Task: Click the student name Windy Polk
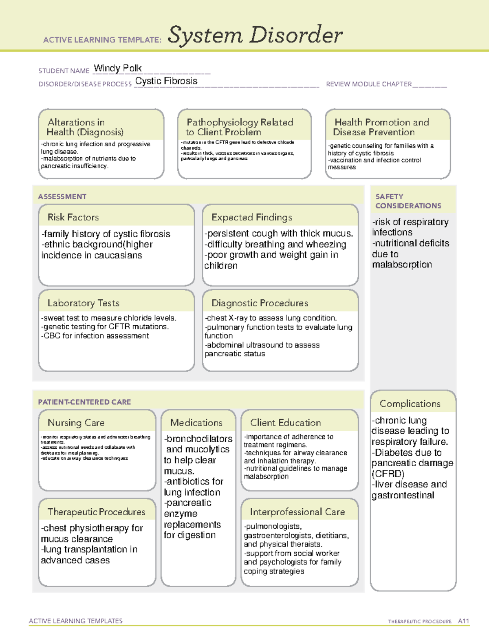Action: click(x=118, y=68)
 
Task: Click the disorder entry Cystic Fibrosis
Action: click(x=166, y=81)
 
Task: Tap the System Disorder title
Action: click(x=255, y=35)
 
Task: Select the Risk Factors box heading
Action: click(x=73, y=217)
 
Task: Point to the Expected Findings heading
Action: click(x=252, y=217)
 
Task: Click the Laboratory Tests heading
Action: click(x=84, y=303)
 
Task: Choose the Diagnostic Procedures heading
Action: click(x=260, y=303)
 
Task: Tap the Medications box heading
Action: click(x=196, y=423)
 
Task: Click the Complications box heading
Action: click(x=410, y=404)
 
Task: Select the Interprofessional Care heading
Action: click(x=297, y=512)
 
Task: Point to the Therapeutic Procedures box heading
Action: click(x=97, y=512)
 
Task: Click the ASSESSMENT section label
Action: click(x=62, y=196)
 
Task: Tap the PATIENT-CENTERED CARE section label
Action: click(x=85, y=402)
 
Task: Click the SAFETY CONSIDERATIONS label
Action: click(x=408, y=201)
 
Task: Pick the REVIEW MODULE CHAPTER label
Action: click(x=369, y=84)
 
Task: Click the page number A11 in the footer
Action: click(x=463, y=621)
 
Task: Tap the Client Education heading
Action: click(x=286, y=423)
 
